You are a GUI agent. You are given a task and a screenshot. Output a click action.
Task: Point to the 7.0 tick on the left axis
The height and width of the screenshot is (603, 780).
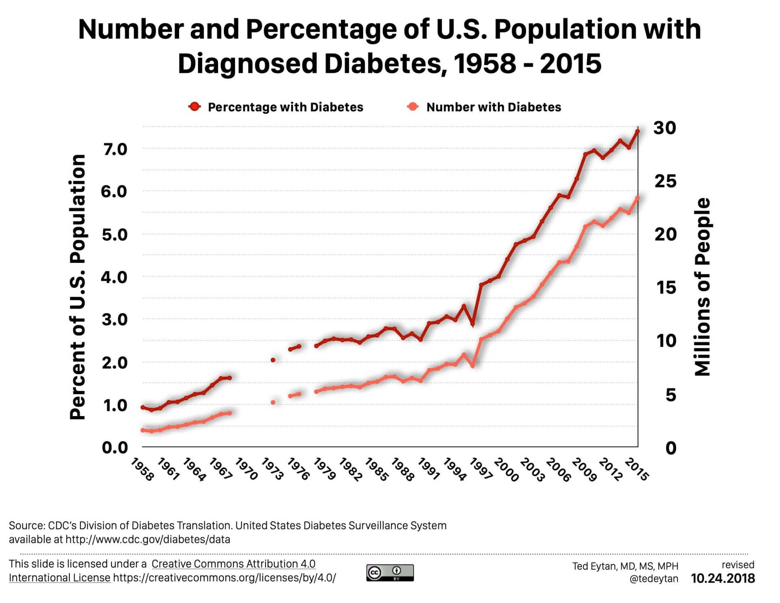click(x=115, y=150)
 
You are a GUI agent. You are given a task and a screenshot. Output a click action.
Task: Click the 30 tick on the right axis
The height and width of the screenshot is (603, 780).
click(x=665, y=128)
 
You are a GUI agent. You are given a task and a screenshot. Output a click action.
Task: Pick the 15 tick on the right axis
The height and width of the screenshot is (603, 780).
click(x=666, y=288)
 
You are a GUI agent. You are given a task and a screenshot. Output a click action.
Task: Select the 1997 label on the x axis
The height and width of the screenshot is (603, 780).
click(x=481, y=469)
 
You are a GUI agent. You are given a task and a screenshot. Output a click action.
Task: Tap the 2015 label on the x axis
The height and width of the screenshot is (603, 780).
click(x=637, y=469)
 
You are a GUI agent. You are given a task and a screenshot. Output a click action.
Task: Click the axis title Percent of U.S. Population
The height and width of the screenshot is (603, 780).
click(x=78, y=286)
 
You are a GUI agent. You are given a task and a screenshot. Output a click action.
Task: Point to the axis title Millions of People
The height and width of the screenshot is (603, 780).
click(x=702, y=286)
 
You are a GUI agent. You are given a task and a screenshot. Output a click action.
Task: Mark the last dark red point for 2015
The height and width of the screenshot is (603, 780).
click(x=637, y=132)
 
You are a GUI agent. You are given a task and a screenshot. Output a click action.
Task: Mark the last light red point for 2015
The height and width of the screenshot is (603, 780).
click(x=637, y=198)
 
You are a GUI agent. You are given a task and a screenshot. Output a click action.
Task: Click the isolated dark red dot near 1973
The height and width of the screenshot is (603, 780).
click(x=273, y=360)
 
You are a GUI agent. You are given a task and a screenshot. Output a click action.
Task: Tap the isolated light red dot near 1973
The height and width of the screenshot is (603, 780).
click(x=273, y=403)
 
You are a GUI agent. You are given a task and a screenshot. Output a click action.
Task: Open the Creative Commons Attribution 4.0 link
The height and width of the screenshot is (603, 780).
click(x=233, y=564)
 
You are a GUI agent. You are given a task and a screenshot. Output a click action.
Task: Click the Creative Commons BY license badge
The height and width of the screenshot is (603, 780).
click(x=390, y=573)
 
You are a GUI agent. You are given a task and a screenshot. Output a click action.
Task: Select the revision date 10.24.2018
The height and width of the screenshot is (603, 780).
click(x=723, y=579)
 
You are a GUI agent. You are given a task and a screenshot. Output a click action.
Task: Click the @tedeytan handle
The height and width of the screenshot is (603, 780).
click(x=654, y=579)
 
